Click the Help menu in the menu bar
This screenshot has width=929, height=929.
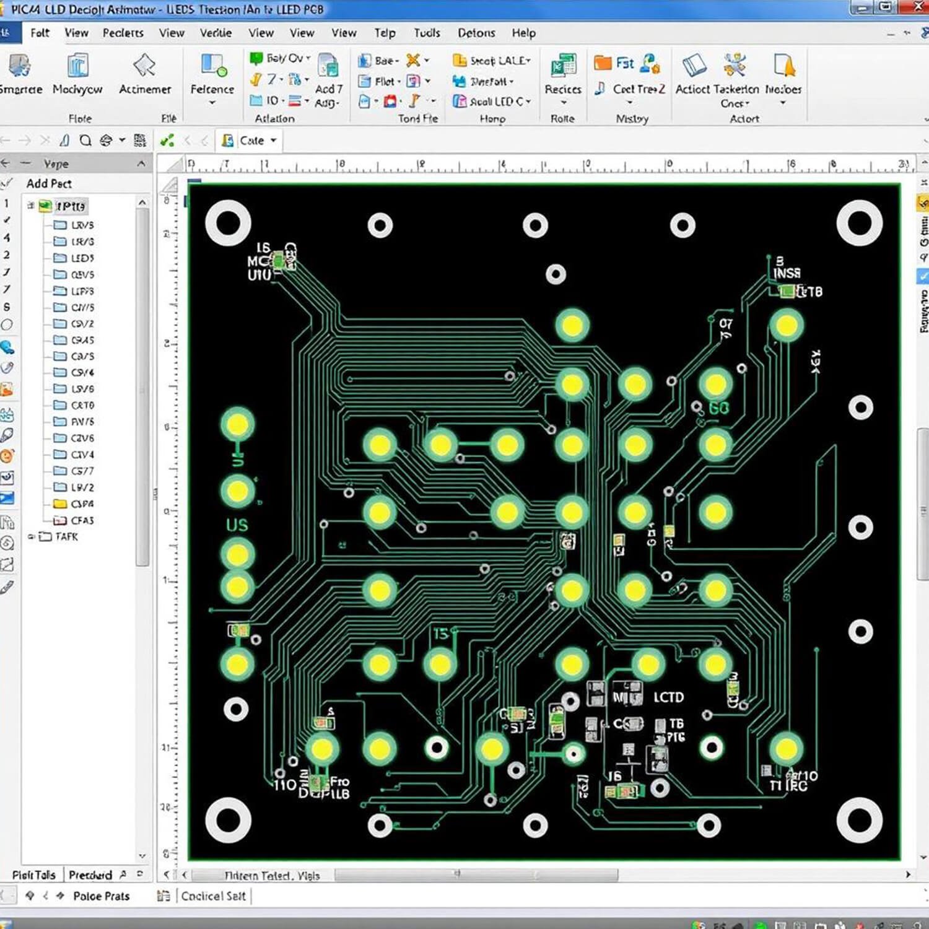[x=523, y=33]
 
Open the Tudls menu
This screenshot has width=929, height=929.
[x=427, y=33]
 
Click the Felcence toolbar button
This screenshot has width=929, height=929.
[x=212, y=77]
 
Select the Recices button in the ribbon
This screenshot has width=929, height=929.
[x=562, y=77]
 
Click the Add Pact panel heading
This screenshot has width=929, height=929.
[x=49, y=183]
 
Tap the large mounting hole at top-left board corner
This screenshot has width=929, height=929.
[x=228, y=224]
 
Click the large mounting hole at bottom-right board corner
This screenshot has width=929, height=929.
[x=859, y=819]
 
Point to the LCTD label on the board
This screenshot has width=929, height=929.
[x=668, y=697]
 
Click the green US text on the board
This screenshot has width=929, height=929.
[x=237, y=525]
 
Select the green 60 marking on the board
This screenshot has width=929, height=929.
[x=718, y=408]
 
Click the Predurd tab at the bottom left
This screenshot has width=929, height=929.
[x=90, y=874]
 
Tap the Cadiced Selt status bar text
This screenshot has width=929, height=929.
[x=213, y=896]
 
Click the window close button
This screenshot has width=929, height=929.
[x=918, y=7]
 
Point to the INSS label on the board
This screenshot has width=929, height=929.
[x=787, y=273]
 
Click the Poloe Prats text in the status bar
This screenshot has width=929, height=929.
[x=101, y=896]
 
